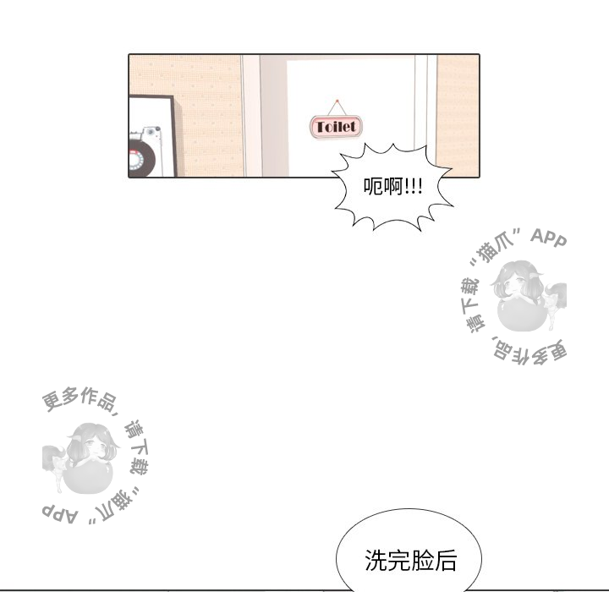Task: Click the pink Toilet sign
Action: point(336,127)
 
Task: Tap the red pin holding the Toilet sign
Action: point(337,101)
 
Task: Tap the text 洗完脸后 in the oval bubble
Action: point(410,560)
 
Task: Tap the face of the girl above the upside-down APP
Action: point(91,447)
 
